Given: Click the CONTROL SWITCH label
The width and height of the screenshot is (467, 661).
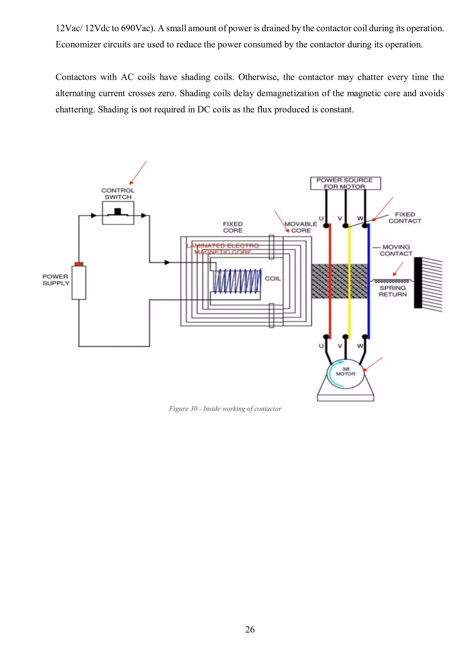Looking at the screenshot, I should click(x=118, y=194).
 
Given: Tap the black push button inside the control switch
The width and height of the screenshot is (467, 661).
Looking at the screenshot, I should click(x=118, y=212).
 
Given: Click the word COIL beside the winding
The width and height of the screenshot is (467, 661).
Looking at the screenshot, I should click(x=273, y=279).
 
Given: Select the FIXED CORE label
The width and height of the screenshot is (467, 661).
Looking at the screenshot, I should click(x=233, y=227).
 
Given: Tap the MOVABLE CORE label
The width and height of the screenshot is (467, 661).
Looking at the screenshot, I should click(x=301, y=227).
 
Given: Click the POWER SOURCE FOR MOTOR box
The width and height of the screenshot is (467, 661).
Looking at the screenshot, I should click(x=345, y=183).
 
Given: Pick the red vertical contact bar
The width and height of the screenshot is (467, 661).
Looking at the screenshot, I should click(x=330, y=281).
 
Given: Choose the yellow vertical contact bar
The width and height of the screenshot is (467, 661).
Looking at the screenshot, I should click(x=349, y=281).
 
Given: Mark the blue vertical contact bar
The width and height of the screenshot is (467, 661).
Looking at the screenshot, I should click(x=368, y=281).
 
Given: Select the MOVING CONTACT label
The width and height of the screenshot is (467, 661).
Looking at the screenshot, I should click(x=396, y=250).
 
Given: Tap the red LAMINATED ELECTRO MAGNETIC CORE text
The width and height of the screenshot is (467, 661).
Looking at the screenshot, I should click(x=223, y=249).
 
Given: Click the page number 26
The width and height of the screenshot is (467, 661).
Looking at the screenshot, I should click(x=250, y=630).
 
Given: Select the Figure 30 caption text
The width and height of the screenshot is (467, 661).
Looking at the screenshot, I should click(x=225, y=409).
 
